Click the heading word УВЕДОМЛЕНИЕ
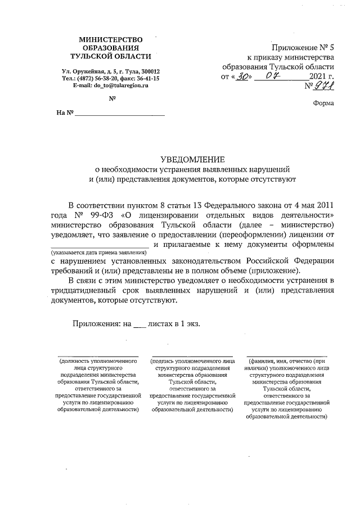pyautogui.click(x=193, y=159)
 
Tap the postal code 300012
pyautogui.click(x=148, y=71)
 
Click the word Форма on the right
pyautogui.click(x=322, y=103)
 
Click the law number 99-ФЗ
pyautogui.click(x=101, y=215)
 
